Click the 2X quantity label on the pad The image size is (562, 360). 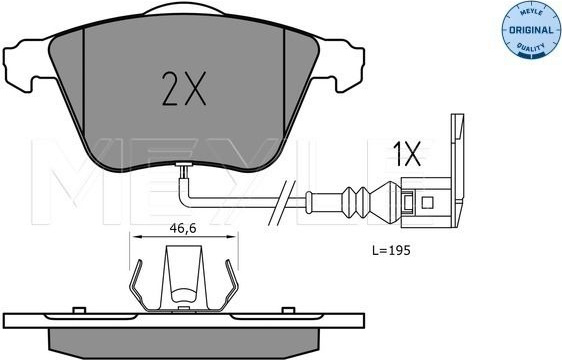(x=184, y=88)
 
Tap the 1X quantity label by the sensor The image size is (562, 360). (x=407, y=154)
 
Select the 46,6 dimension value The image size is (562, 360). (x=182, y=228)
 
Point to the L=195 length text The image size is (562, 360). (x=391, y=250)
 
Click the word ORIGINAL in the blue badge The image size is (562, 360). (x=531, y=30)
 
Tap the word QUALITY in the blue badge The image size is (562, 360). (x=530, y=47)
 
